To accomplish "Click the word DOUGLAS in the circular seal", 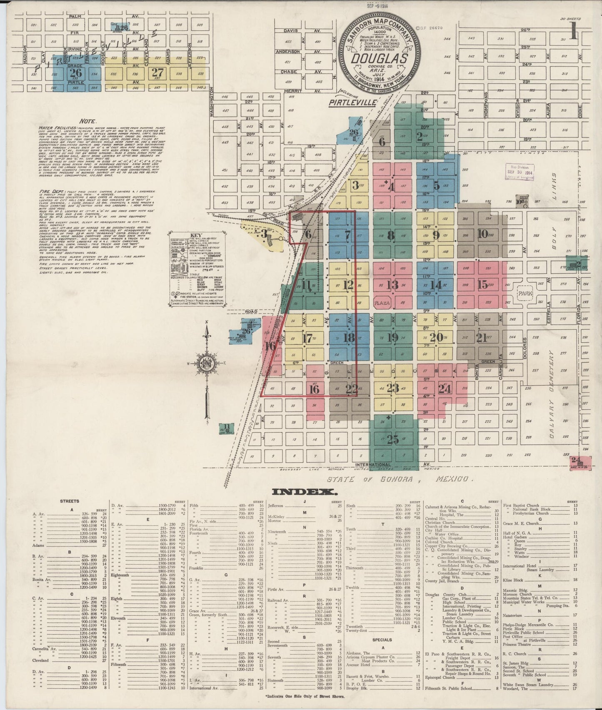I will (379, 59).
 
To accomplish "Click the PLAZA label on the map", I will (382, 303).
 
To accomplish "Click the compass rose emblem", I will (207, 363).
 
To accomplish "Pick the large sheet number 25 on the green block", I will (392, 439).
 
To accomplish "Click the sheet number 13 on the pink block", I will (392, 285).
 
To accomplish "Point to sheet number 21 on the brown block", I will (482, 338).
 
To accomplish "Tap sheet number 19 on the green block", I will (392, 337).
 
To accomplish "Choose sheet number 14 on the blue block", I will (436, 285).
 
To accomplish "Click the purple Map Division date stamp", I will (519, 171).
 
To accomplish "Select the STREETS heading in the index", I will (70, 501).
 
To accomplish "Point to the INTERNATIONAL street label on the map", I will (373, 464).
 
